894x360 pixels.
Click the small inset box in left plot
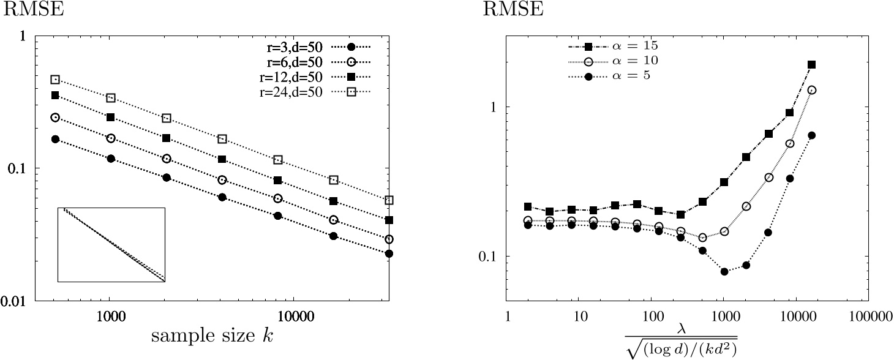(x=111, y=245)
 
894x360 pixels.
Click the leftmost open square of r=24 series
(x=55, y=80)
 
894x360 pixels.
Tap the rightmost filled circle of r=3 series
(x=389, y=253)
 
